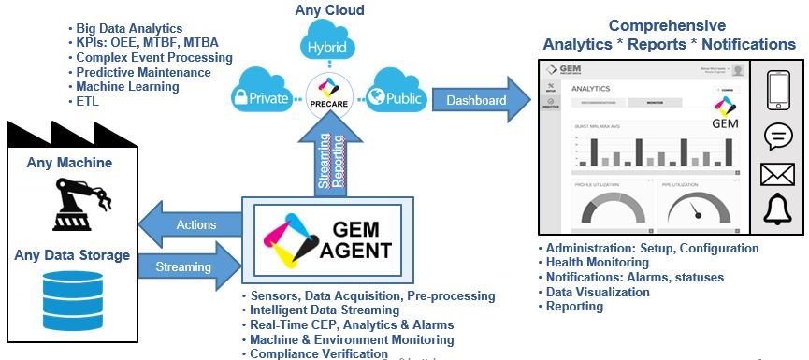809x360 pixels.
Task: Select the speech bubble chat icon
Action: tap(777, 136)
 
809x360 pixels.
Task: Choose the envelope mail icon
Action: tap(777, 175)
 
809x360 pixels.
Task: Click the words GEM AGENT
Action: tap(355, 238)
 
